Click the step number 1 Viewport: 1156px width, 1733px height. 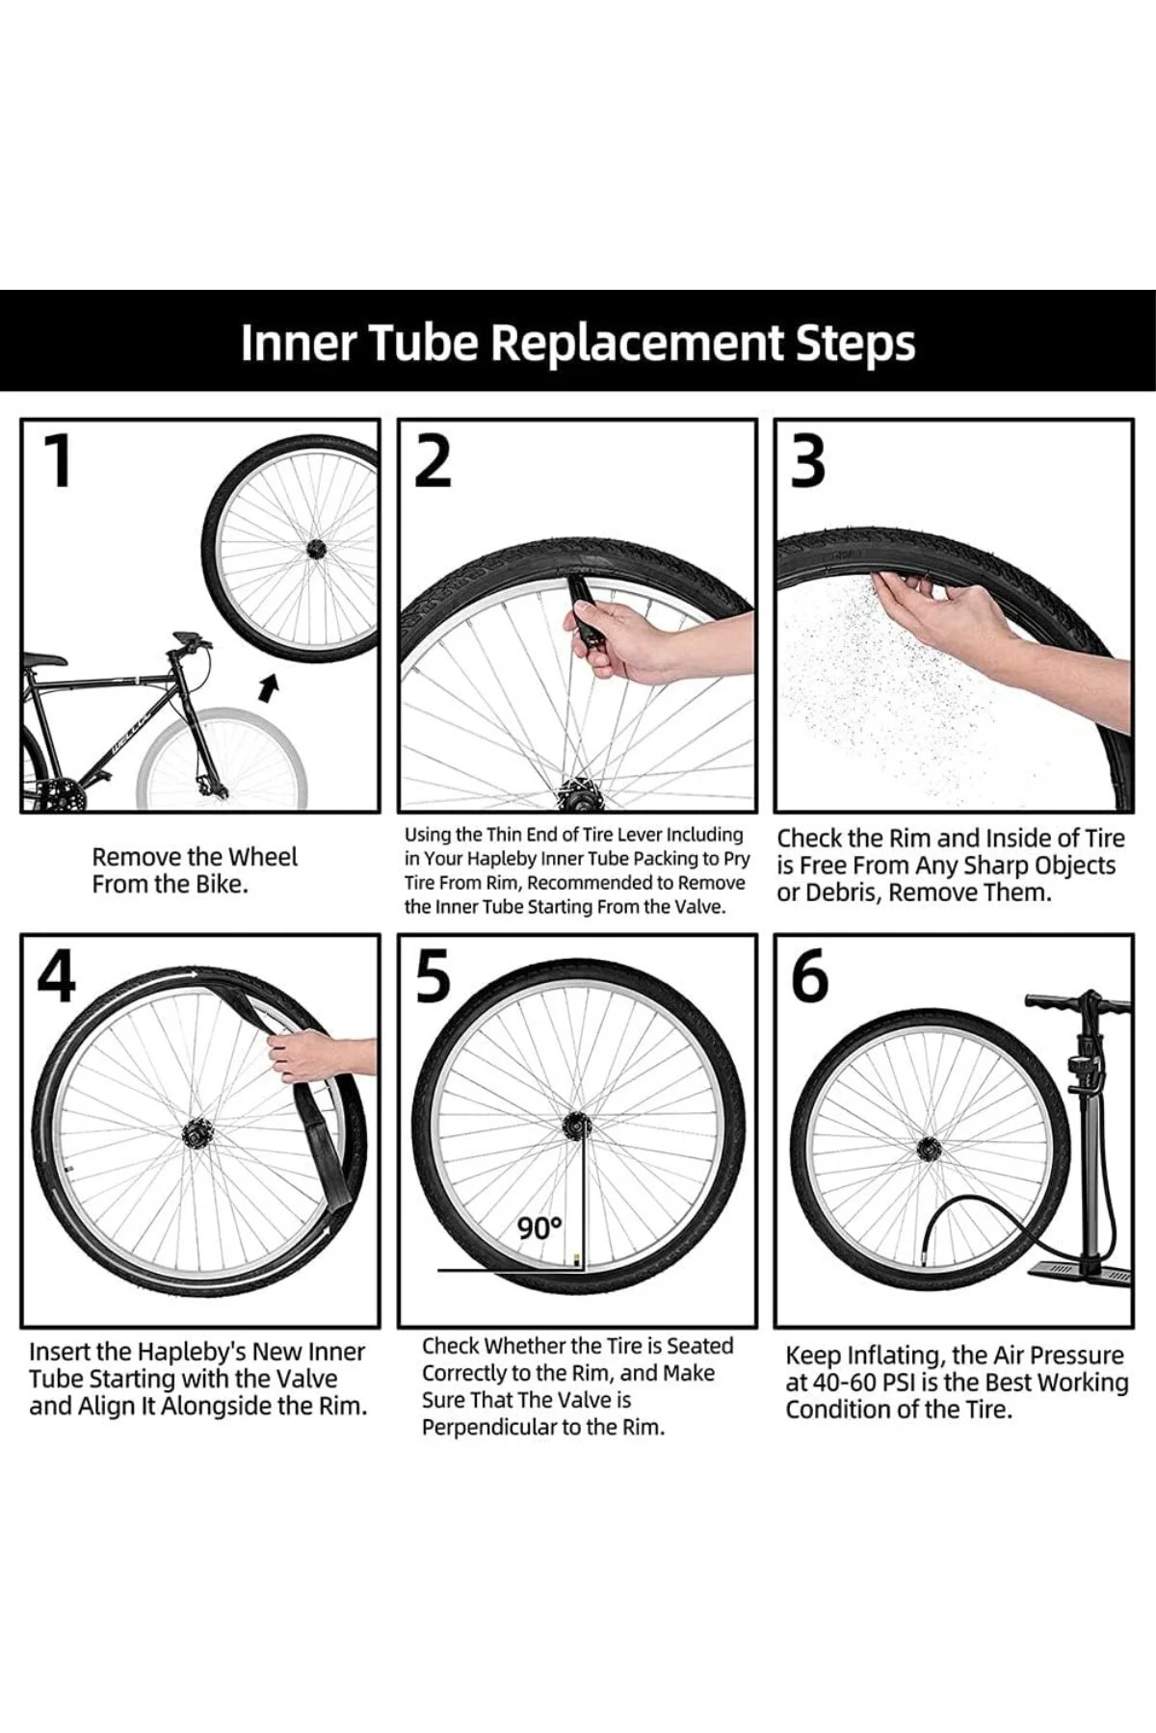(59, 460)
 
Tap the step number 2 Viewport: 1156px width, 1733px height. (433, 460)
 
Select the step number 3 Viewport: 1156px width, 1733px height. (808, 460)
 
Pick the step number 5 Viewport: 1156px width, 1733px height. (433, 976)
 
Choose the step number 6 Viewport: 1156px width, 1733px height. (809, 976)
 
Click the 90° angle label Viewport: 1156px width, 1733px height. (539, 1228)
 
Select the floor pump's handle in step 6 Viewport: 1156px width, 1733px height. (1079, 1003)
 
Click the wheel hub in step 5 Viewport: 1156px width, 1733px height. (577, 1124)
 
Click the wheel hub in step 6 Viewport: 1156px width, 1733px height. (928, 1146)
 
